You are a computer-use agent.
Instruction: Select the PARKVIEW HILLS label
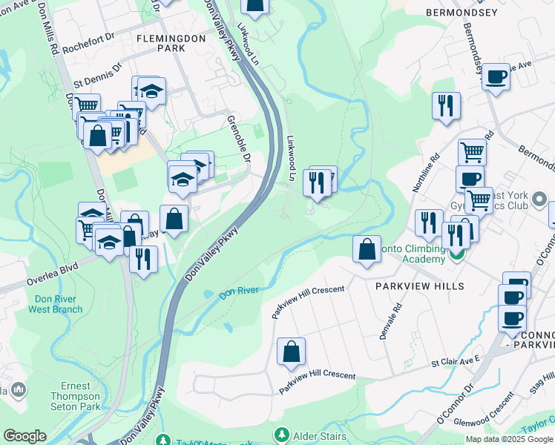[x=419, y=286]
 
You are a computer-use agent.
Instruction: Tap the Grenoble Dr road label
[x=239, y=138]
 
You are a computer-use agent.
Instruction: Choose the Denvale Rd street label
[x=390, y=320]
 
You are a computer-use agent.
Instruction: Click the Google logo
[x=24, y=436]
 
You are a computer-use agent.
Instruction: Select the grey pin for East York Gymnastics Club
[x=539, y=199]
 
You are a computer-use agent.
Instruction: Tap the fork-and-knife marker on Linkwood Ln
[x=316, y=182]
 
